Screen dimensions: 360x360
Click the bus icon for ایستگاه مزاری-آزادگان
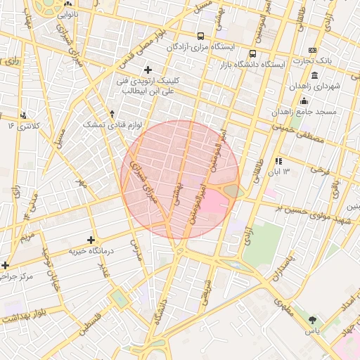coord(201,36)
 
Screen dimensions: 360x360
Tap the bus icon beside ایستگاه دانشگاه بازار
coord(252,53)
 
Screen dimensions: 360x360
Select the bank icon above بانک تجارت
coord(313,50)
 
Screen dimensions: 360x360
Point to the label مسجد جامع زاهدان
coord(307,112)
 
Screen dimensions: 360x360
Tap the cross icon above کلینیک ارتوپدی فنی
coord(148,70)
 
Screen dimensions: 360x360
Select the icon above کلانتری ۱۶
coord(24,115)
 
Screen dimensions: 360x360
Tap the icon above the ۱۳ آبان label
coord(278,161)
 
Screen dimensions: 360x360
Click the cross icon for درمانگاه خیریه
coord(91,240)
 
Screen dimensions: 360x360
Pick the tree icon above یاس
coord(312,320)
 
